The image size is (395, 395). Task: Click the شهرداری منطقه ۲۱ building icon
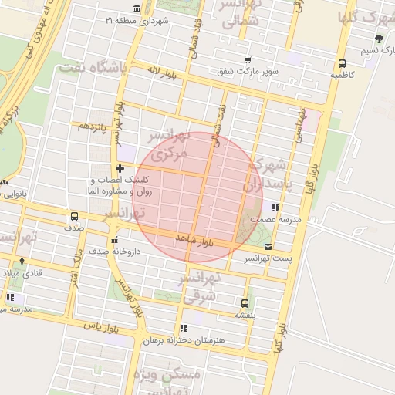coord(137,8)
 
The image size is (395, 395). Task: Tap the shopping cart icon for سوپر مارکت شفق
coord(247,59)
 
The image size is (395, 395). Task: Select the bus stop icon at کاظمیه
coord(341,64)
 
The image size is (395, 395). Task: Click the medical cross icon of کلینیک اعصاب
coord(120,167)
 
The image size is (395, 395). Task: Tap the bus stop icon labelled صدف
coord(75,216)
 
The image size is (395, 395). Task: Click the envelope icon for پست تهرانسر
coord(268,246)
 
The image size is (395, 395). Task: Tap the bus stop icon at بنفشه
coord(245,303)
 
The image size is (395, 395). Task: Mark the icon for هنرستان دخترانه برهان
coord(184,328)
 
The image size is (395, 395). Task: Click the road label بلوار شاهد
coord(194,240)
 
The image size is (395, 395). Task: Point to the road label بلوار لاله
coord(164,74)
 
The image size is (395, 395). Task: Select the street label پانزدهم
coord(89,127)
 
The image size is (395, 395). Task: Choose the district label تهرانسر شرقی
coord(199,286)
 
